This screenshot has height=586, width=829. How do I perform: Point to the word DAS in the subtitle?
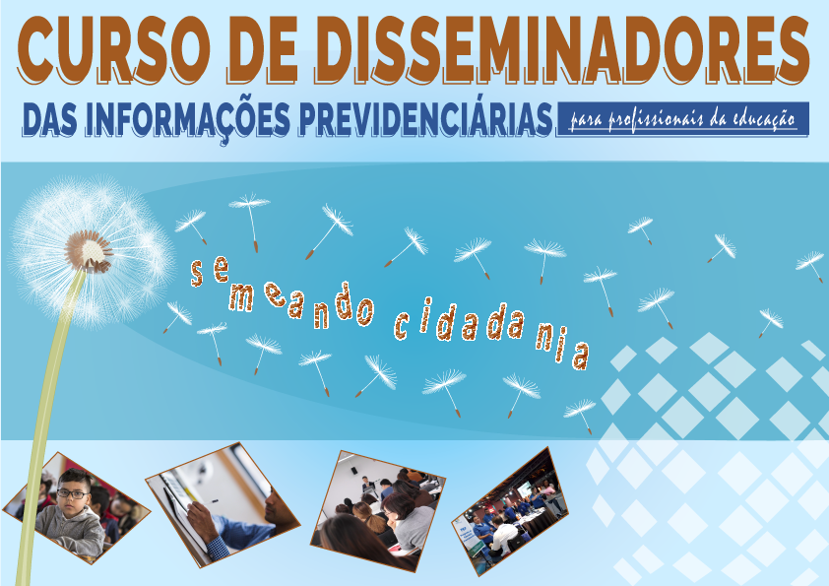[50, 118]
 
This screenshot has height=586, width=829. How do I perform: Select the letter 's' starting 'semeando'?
[197, 274]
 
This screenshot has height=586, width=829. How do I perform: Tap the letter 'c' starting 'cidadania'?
[403, 326]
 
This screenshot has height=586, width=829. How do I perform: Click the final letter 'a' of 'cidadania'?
[581, 356]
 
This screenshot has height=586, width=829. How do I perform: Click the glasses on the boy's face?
[72, 492]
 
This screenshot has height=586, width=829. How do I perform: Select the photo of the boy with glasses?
[77, 507]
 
